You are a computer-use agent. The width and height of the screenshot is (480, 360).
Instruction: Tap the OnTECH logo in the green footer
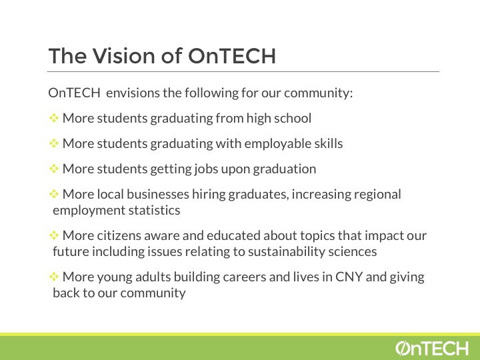click(432, 349)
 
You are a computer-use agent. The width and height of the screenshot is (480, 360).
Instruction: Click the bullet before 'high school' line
click(54, 118)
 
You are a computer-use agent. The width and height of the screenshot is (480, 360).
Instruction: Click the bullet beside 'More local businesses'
click(54, 194)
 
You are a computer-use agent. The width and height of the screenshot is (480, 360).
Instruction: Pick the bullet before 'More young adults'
click(54, 277)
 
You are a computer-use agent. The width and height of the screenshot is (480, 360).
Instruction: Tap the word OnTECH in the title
click(232, 56)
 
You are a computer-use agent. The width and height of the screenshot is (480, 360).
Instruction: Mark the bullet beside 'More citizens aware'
click(54, 235)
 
